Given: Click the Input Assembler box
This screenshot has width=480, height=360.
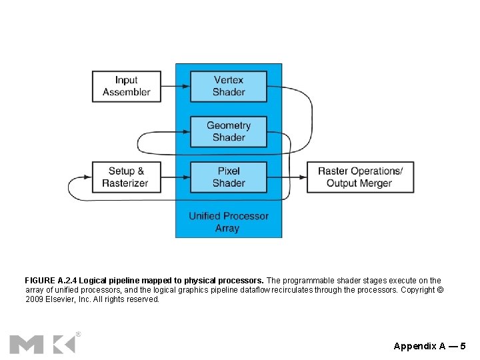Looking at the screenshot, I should tap(127, 86).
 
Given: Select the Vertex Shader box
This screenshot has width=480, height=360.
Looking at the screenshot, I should tap(229, 86).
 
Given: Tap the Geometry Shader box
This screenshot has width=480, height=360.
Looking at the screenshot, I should tap(229, 131).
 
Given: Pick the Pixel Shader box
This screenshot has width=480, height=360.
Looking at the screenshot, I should tap(229, 177).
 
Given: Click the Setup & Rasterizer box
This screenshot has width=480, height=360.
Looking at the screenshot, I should tap(127, 177).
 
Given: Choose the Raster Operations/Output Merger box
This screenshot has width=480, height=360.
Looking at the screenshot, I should tap(360, 177).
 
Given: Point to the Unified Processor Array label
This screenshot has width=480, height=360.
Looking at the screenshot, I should tap(228, 222).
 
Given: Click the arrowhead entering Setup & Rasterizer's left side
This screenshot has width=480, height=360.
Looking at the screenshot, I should tap(87, 177).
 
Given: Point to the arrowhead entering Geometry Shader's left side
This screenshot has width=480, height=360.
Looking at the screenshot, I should tap(186, 132).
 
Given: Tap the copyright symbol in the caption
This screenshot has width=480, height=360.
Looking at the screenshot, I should tap(439, 290).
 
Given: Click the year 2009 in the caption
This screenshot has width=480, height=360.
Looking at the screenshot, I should tap(34, 299).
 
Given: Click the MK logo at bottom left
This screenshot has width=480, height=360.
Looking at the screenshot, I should tap(42, 343).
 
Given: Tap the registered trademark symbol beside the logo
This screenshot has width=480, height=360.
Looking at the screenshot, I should tap(78, 333).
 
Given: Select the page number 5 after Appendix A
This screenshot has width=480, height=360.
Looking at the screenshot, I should tap(463, 346).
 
